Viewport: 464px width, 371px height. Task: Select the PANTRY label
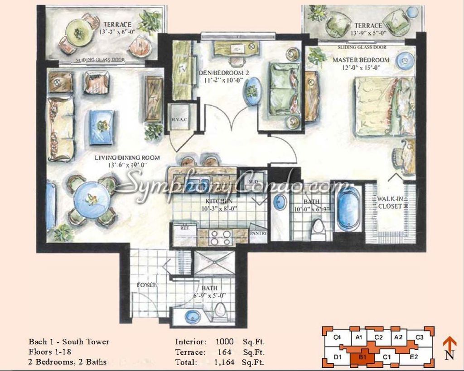(258, 234)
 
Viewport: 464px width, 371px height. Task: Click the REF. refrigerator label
(184, 228)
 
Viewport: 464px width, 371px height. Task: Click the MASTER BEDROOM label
(361, 60)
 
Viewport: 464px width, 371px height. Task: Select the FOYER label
(148, 285)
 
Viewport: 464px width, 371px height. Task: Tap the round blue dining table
(92, 200)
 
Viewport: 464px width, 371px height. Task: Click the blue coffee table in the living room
(101, 127)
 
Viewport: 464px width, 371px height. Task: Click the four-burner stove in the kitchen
(222, 236)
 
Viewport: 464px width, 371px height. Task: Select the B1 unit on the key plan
(362, 357)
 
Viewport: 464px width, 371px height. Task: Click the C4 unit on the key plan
(337, 337)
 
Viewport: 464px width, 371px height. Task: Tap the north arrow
(449, 347)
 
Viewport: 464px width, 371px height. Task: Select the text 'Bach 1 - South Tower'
(69, 342)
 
